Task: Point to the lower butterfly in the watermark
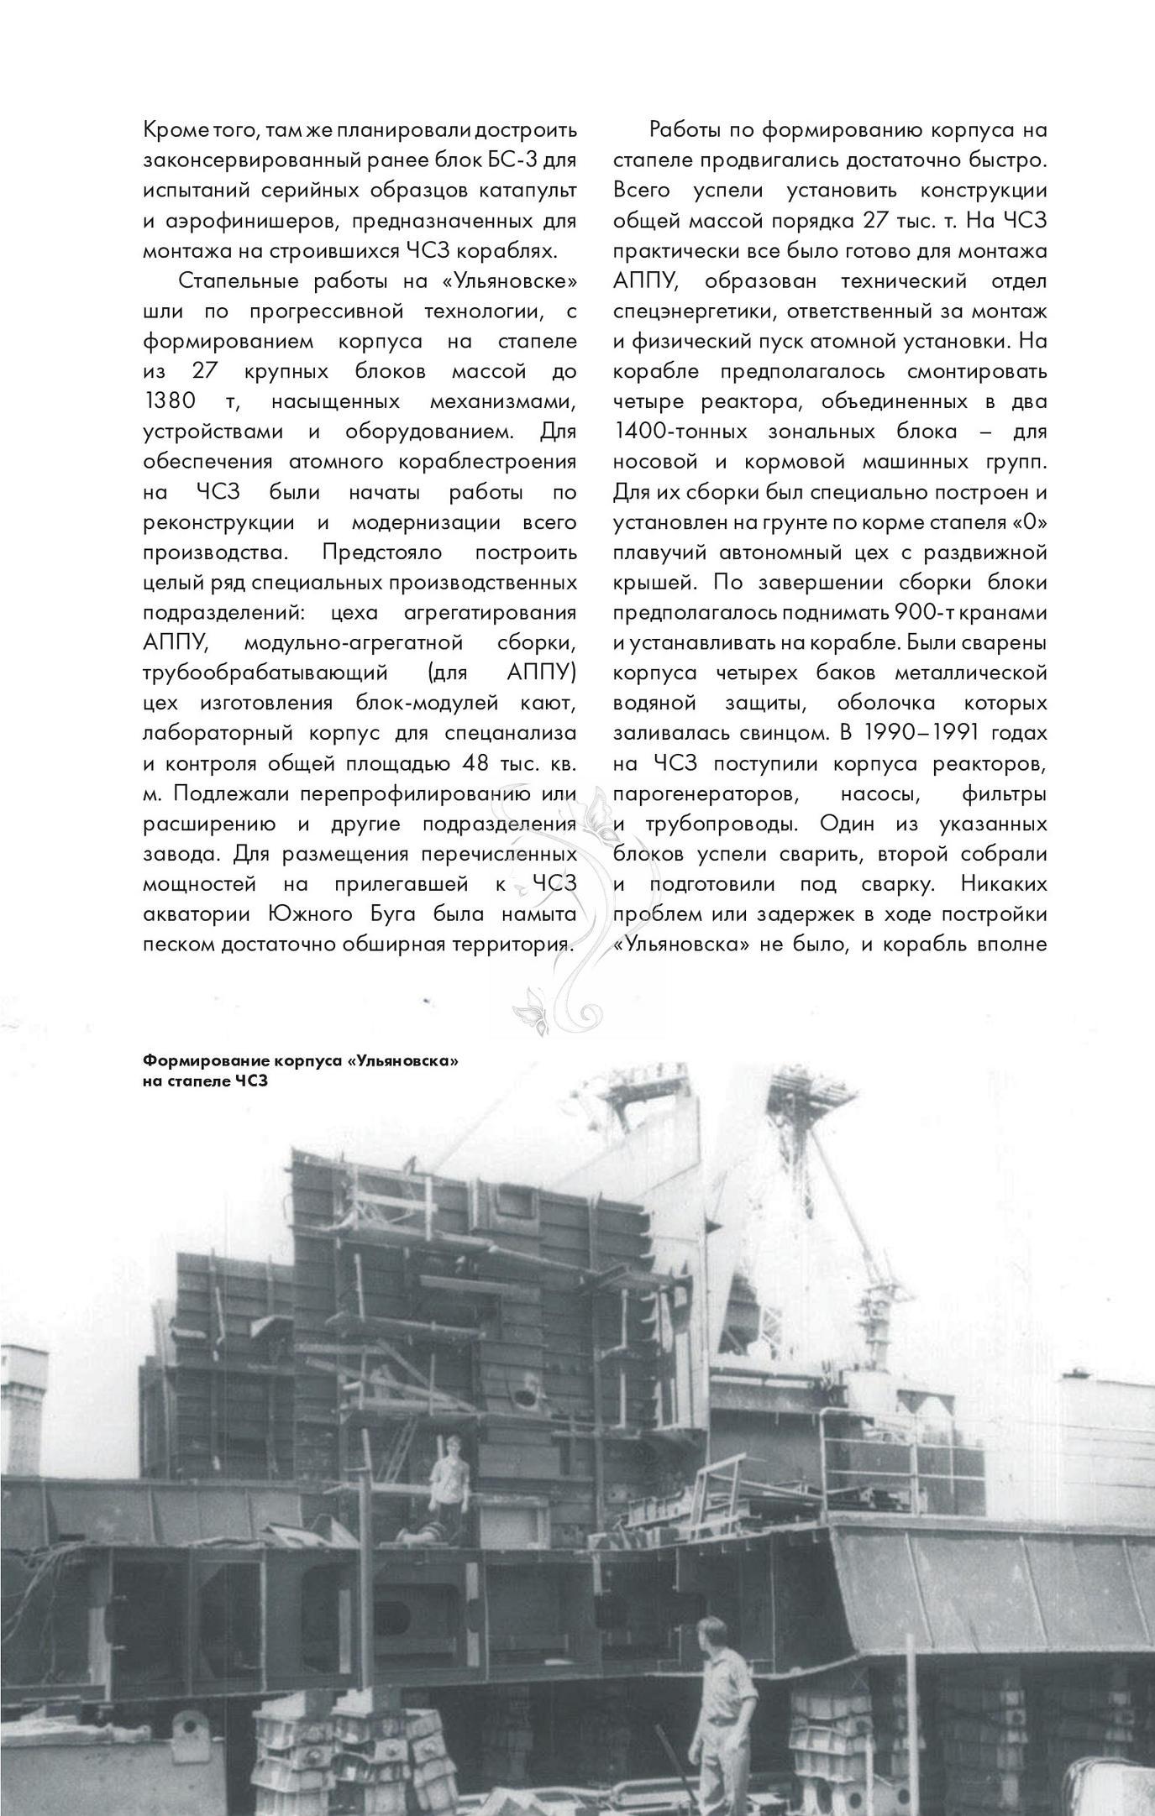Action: coord(529,1007)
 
